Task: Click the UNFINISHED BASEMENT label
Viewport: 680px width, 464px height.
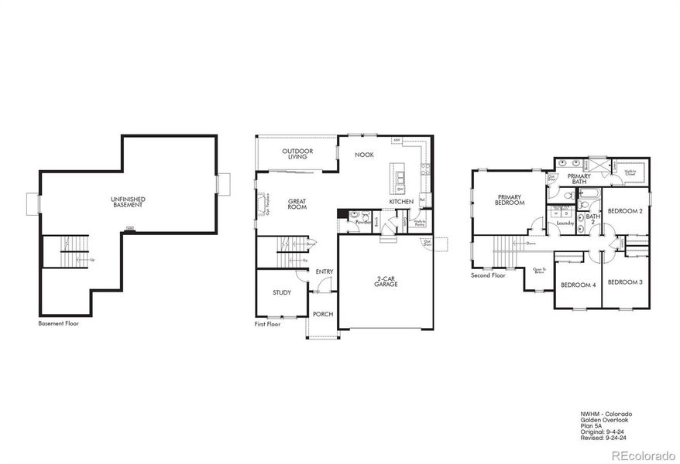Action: pos(128,202)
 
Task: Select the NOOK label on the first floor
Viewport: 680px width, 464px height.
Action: pos(364,155)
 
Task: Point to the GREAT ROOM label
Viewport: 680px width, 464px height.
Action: pos(297,204)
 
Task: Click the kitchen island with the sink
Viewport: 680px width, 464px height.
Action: pos(400,179)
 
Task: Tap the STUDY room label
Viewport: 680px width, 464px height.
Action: pos(281,292)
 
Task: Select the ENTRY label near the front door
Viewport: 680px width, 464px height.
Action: pos(325,271)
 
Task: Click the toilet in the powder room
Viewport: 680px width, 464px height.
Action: pos(353,215)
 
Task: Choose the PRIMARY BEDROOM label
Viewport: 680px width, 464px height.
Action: pos(511,200)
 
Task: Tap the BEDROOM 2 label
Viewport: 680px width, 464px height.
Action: pos(623,210)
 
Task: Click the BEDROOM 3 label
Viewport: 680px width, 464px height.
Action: pos(623,282)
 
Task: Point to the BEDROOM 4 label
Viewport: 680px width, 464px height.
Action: pos(578,285)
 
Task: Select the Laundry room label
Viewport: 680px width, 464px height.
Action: pos(565,223)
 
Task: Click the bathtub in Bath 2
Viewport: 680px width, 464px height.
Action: pos(587,206)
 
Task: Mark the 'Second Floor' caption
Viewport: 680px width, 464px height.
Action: pos(488,275)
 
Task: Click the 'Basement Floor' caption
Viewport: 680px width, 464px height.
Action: pos(58,323)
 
